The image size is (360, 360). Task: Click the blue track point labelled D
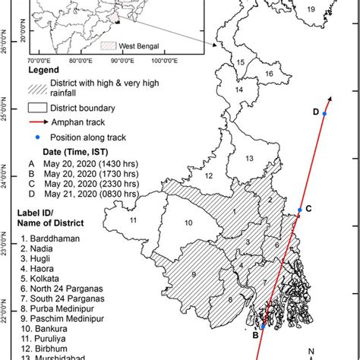(x=324, y=114)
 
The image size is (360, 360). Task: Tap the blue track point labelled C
(x=300, y=210)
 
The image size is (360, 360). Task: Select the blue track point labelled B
(x=263, y=326)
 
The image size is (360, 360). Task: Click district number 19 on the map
(x=310, y=9)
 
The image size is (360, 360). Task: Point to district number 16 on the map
(x=269, y=74)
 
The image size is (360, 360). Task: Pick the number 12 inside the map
(x=207, y=175)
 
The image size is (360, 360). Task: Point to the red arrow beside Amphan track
(x=42, y=122)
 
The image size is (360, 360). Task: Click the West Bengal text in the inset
(x=143, y=46)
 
